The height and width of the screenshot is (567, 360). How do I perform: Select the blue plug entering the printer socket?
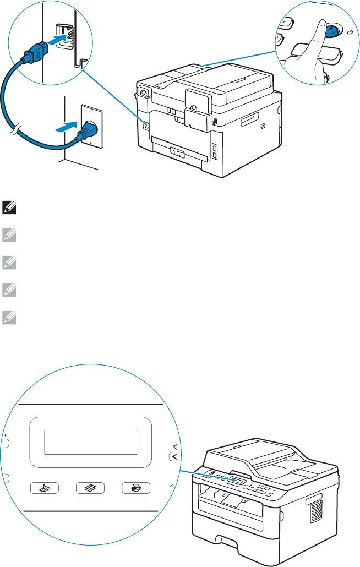tap(34, 53)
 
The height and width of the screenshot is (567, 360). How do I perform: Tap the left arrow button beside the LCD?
tap(173, 456)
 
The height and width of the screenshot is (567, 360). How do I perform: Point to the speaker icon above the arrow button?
tap(174, 446)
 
